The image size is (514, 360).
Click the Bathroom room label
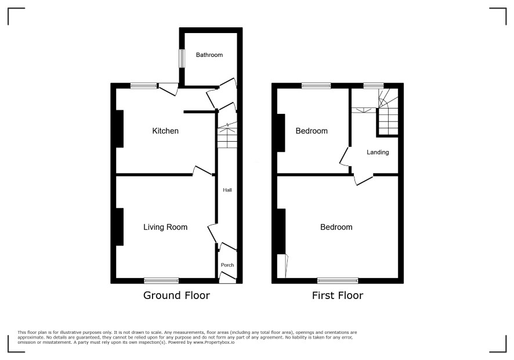pos(209,55)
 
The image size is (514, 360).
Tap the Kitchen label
pos(165,131)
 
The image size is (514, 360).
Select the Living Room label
pos(165,227)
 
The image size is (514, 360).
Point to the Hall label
pos(227,190)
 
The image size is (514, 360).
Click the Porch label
pos(227,265)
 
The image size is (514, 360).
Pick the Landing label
pos(378,152)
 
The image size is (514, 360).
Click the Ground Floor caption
pos(176,296)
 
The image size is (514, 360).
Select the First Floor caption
pos(338,296)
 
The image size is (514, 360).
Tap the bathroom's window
pos(182,59)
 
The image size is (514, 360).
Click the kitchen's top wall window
pos(143,86)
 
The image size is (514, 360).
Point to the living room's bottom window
pos(161,280)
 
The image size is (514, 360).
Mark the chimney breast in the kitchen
pos(120,129)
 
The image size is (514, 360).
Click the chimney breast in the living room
pos(120,227)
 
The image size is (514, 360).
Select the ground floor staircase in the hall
pos(227,135)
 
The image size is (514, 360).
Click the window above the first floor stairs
pos(374,86)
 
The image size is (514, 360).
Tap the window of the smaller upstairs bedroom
pos(316,86)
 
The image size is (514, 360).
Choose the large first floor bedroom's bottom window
pos(338,280)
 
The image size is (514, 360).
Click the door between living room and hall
pos(212,233)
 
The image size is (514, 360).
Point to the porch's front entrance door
pos(227,278)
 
